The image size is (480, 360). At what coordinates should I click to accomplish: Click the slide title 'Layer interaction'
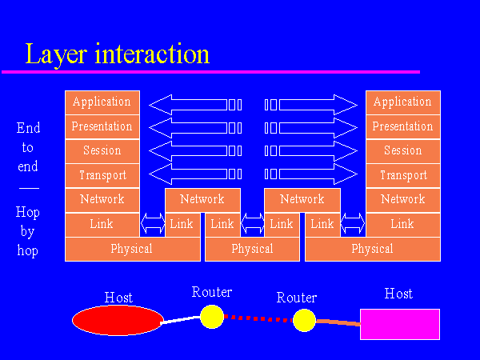tap(117, 54)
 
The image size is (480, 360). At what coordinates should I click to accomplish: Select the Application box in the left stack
tap(102, 102)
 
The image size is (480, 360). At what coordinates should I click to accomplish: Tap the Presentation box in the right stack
tap(402, 126)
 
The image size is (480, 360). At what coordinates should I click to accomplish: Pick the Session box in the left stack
tap(102, 150)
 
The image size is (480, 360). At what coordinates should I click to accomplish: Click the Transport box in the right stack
tap(402, 175)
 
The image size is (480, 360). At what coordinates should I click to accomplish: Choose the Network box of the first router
tap(202, 199)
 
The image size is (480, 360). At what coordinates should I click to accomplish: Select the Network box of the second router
tap(302, 199)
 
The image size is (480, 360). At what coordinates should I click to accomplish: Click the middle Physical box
tap(252, 249)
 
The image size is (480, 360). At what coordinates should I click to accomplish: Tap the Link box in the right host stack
tap(402, 224)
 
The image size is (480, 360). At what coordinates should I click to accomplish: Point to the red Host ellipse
tap(118, 320)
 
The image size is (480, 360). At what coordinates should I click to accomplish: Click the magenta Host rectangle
tap(399, 324)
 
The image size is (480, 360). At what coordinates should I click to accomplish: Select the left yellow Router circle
tap(211, 316)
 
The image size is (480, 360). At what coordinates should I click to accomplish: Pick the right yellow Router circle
tap(304, 321)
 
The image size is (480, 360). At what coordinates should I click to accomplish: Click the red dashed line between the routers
tap(258, 318)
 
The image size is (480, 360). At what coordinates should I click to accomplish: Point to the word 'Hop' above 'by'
tap(28, 213)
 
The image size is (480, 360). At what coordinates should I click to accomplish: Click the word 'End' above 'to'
tap(28, 128)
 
